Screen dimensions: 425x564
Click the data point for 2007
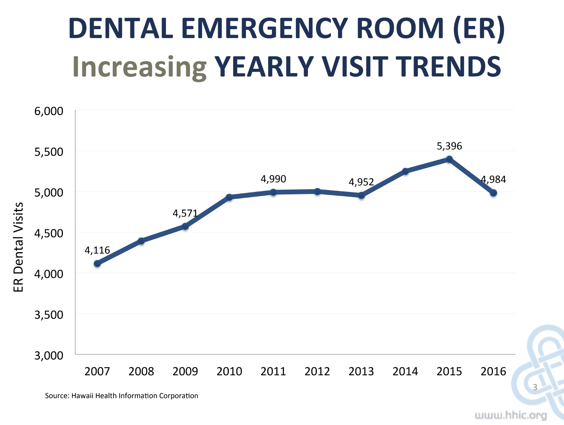[x=97, y=264]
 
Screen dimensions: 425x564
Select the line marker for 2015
[x=449, y=159]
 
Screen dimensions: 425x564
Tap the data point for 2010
[x=229, y=197]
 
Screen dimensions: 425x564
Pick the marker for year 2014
[x=405, y=171]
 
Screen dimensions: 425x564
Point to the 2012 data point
[x=317, y=192]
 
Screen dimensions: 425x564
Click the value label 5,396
[x=449, y=146]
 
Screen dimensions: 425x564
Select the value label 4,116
[x=97, y=250]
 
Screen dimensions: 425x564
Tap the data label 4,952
[x=361, y=182]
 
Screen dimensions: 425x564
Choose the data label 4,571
[x=185, y=213]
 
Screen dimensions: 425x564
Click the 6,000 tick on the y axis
[x=49, y=111]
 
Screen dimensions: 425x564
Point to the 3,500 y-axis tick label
[x=49, y=315]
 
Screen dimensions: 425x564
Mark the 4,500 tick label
[x=49, y=233]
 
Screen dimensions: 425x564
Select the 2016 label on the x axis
[x=493, y=371]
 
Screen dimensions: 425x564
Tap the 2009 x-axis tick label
[x=185, y=371]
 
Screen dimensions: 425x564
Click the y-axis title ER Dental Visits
[x=18, y=247]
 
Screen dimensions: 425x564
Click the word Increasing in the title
[x=140, y=67]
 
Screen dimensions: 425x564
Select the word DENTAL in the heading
[x=121, y=28]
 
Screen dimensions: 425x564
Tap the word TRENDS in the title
[x=448, y=67]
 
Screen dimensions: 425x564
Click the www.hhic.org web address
[x=511, y=415]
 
